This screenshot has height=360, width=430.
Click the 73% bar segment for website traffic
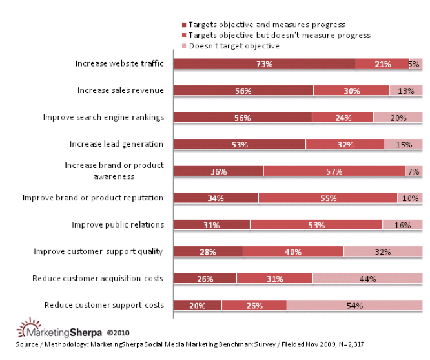(x=265, y=63)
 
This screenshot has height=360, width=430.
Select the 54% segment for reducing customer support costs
(x=354, y=305)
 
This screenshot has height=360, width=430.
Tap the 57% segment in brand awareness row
(x=334, y=171)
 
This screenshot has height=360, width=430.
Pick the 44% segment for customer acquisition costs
(x=367, y=279)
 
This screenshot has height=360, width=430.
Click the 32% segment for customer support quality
(x=383, y=251)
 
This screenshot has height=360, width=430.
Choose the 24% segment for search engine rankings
(x=343, y=118)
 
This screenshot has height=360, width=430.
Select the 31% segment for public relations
(x=212, y=225)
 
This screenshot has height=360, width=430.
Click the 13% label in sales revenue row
(x=405, y=91)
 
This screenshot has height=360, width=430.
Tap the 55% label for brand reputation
(x=328, y=198)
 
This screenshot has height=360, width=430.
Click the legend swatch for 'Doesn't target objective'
(x=184, y=46)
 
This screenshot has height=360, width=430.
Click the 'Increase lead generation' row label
(x=117, y=144)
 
